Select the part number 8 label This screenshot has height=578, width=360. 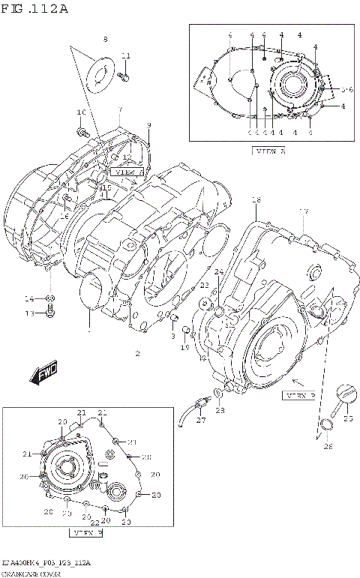[x=105, y=38]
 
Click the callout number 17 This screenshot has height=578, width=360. [x=304, y=211]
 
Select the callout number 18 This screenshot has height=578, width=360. [x=256, y=200]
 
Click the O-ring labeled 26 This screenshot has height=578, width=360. [x=325, y=427]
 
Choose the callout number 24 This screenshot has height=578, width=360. [x=218, y=271]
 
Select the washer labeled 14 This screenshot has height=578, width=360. [x=50, y=298]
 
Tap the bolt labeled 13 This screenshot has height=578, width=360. [x=50, y=312]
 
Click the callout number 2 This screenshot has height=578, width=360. [x=137, y=352]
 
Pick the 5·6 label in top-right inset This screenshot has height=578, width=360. [x=346, y=90]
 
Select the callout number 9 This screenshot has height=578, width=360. [x=148, y=124]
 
